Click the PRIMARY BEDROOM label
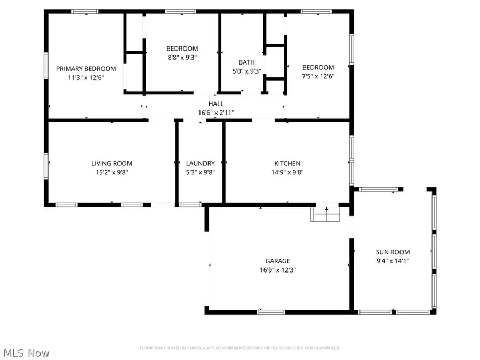pos(86,68)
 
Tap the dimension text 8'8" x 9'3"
pos(182,58)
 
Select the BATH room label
pos(246,62)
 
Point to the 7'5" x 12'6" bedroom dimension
pos(318,77)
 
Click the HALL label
pos(216,103)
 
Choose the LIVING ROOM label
pos(111,163)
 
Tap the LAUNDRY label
pos(200,163)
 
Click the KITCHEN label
pos(287,163)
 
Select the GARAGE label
pos(278,261)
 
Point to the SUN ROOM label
pos(393,252)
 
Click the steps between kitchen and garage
pos(325,214)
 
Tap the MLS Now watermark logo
pos(26,353)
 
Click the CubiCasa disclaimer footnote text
pos(240,348)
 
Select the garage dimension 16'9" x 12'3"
pos(278,270)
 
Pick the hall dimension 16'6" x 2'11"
pos(216,113)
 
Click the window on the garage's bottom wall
pos(268,312)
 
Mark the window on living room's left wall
pos(46,165)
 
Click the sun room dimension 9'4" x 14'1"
pos(393,261)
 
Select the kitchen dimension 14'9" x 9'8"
pos(287,172)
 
